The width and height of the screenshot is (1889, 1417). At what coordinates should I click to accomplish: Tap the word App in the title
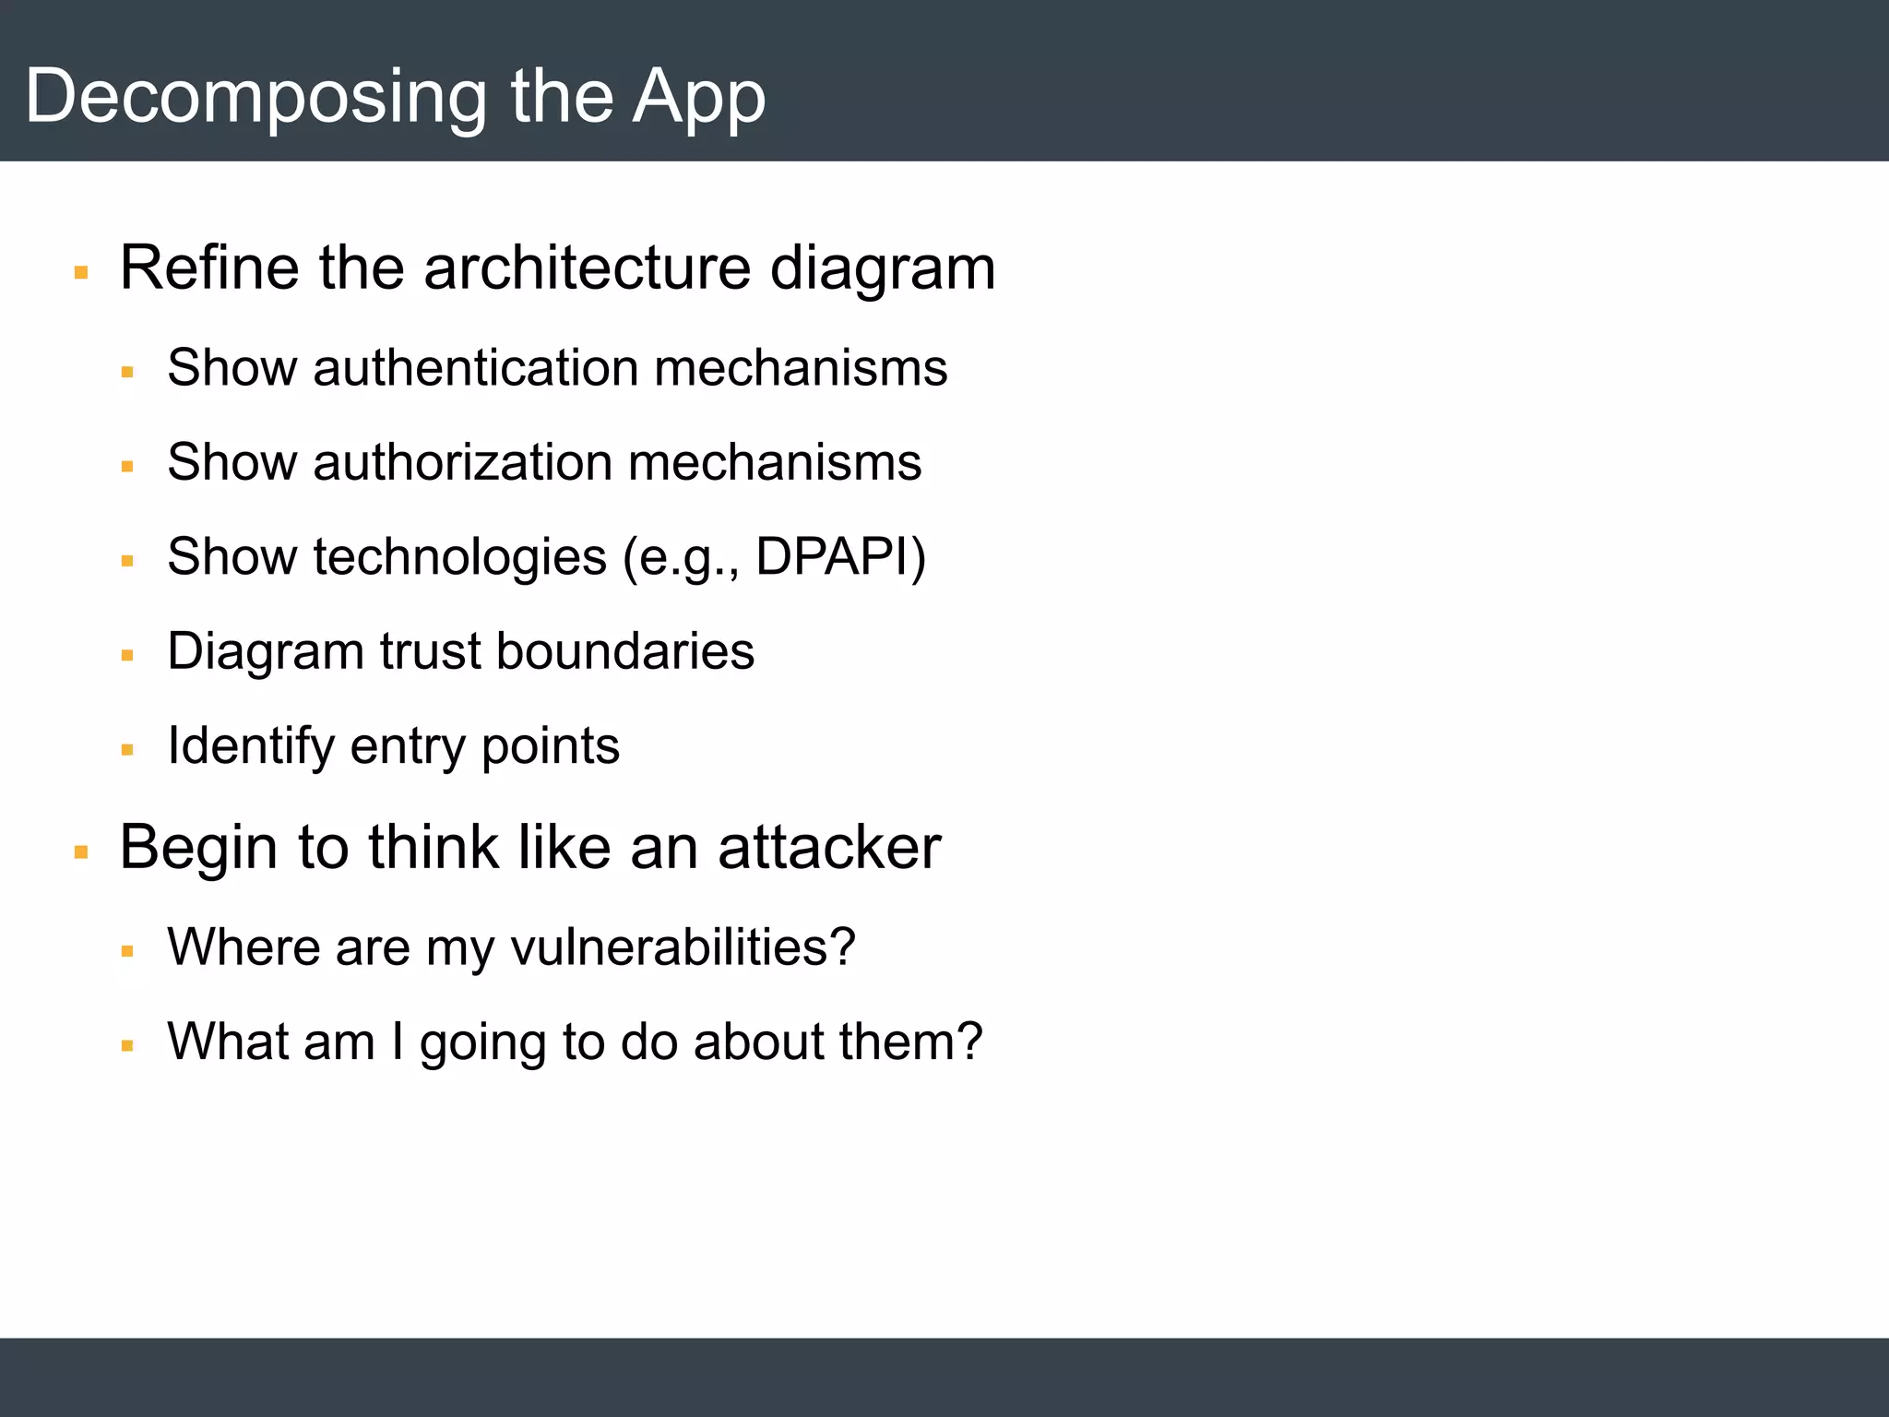tap(698, 98)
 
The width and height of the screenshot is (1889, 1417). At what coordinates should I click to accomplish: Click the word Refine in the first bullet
tap(209, 268)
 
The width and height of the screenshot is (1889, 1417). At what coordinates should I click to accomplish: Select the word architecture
tap(587, 268)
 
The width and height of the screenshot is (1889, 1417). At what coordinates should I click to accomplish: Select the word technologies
tap(459, 556)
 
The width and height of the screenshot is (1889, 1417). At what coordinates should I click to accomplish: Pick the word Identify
tap(250, 745)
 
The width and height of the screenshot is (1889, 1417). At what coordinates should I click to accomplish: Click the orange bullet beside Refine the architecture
tap(81, 273)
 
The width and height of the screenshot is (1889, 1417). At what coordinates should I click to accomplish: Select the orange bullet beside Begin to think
tap(81, 852)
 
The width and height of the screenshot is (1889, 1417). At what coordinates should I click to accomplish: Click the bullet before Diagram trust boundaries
tap(127, 656)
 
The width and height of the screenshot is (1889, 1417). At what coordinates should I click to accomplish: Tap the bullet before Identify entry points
tap(127, 750)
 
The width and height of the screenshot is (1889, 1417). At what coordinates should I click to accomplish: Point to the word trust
tap(431, 650)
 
